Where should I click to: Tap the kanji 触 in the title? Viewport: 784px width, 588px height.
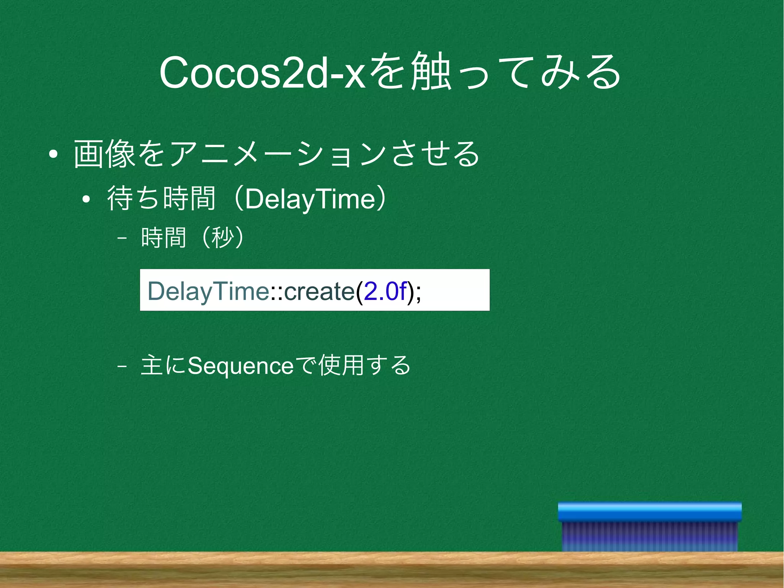[x=430, y=72]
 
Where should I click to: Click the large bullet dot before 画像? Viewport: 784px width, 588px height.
[x=53, y=155]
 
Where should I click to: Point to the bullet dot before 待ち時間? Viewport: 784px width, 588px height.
[x=86, y=199]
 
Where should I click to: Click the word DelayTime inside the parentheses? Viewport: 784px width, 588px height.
[x=310, y=199]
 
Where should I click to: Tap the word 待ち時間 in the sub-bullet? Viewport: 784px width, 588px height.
[x=161, y=198]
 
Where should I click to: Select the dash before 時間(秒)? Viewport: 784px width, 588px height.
[x=122, y=238]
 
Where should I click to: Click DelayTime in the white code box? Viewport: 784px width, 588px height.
[x=208, y=291]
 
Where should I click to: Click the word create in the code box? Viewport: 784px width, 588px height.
[x=319, y=291]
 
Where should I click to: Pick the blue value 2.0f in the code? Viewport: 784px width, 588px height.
[x=384, y=291]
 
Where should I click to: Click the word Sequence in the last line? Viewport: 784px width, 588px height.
[x=240, y=365]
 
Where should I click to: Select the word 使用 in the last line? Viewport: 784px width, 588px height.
[x=341, y=365]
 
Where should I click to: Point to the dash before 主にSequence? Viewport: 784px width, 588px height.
[x=122, y=366]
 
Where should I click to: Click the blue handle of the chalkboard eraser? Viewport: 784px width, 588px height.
[x=650, y=512]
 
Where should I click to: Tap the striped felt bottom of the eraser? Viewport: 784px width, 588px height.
[x=650, y=536]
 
